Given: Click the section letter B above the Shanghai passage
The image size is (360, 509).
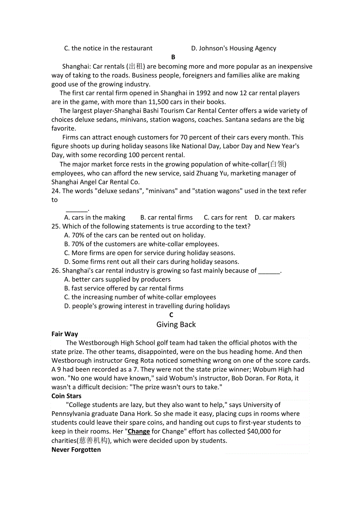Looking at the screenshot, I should pyautogui.click(x=173, y=57).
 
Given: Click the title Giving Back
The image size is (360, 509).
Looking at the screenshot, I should pyautogui.click(x=176, y=324).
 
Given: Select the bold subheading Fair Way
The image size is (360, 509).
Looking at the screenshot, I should pyautogui.click(x=65, y=334).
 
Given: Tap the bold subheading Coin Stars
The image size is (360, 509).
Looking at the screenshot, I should pyautogui.click(x=67, y=396).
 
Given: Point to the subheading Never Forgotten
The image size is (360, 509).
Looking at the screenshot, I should pyautogui.click(x=76, y=450).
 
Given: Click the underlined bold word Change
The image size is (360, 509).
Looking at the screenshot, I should pyautogui.click(x=139, y=432).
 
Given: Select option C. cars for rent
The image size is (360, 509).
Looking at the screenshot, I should pyautogui.click(x=225, y=217).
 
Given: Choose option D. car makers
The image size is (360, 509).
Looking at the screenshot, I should pyautogui.click(x=275, y=217).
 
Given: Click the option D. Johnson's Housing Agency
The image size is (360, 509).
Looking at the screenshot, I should pyautogui.click(x=234, y=48).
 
